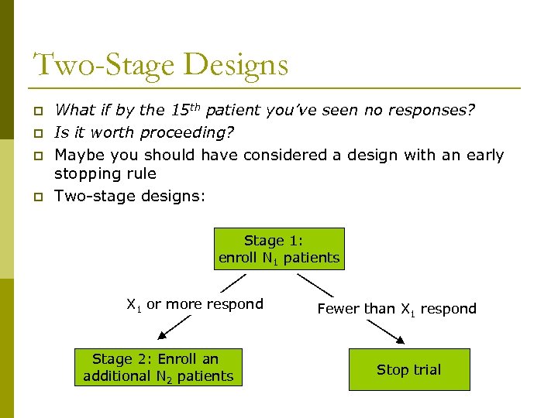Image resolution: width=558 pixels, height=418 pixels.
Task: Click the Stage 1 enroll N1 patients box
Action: tap(279, 248)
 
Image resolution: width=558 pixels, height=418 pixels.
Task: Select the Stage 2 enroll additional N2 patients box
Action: tap(158, 367)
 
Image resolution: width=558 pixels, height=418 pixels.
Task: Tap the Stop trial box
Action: tap(408, 369)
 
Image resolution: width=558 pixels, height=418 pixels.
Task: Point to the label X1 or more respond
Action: tap(195, 304)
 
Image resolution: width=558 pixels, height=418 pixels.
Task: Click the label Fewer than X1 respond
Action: tap(397, 309)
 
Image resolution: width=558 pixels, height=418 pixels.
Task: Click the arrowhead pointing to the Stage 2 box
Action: tap(162, 335)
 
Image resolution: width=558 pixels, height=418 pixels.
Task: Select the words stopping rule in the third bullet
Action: tap(105, 174)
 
